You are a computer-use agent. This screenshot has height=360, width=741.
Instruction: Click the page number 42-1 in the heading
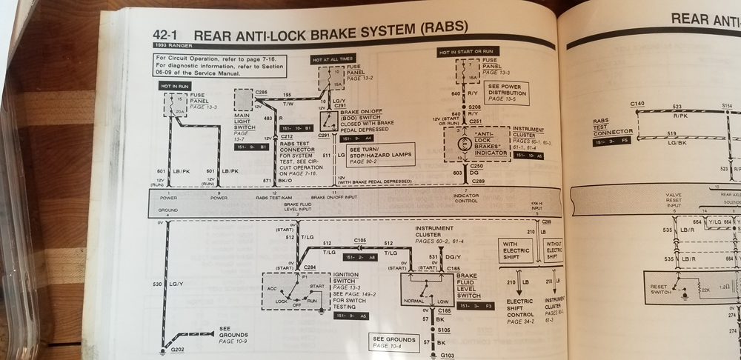click(x=167, y=35)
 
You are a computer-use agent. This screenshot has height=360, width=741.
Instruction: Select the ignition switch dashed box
click(x=296, y=290)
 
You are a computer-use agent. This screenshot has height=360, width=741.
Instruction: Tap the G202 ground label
click(x=179, y=347)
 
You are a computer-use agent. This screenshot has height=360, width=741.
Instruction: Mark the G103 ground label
click(x=447, y=356)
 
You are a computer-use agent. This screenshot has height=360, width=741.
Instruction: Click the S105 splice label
click(x=445, y=329)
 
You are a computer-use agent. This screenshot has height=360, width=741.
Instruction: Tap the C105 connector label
click(x=360, y=241)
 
